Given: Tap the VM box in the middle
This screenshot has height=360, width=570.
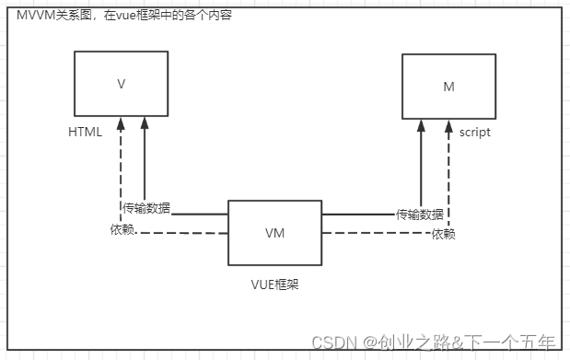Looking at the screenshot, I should coord(274,233).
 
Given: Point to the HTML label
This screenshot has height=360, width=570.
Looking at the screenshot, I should coord(86,132).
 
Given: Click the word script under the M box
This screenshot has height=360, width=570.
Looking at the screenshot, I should coord(475,132).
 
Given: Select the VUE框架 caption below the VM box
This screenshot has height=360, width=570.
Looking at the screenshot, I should coord(274,285).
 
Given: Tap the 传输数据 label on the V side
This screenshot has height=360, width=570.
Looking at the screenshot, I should coord(146,208).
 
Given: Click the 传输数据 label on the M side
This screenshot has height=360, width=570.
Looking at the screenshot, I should coord(420,215).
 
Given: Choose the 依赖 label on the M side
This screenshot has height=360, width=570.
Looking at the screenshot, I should coord(443,234).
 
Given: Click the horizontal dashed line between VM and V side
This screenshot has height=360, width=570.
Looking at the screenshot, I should coord(184,232).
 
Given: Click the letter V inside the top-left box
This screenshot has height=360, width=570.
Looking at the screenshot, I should coord(122,84).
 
